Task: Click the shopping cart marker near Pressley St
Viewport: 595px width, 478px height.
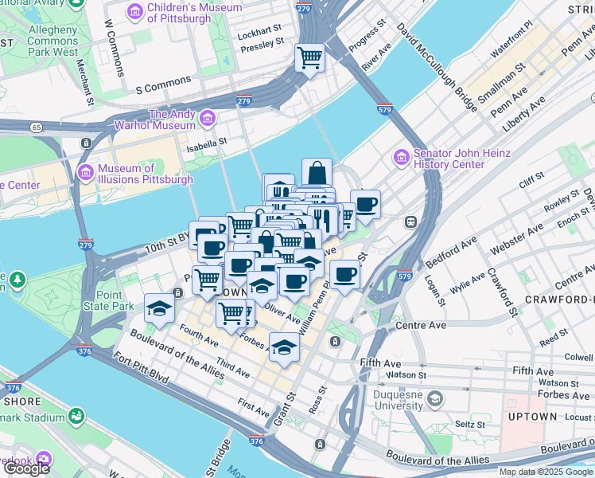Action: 309,57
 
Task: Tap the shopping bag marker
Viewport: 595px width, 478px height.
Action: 317,172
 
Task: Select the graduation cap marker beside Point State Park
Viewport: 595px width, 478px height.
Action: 159,308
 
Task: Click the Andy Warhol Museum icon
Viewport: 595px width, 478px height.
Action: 208,119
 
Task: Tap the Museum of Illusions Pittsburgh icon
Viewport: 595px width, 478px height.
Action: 87,173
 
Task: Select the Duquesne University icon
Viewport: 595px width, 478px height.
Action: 434,398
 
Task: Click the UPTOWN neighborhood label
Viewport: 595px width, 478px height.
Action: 532,416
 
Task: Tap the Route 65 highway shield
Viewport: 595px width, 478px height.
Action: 37,126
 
